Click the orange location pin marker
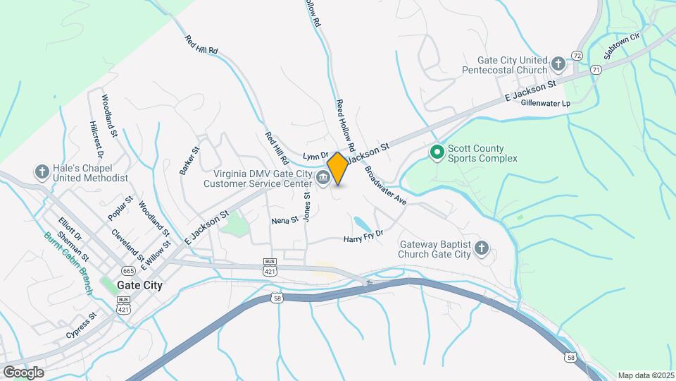(337, 168)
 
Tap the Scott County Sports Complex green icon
(437, 152)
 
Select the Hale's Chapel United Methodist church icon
(42, 172)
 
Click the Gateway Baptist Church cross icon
(482, 248)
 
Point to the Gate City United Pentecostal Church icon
(558, 64)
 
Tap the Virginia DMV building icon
(324, 178)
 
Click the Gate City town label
(139, 286)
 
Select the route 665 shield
(128, 270)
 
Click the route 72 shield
(577, 55)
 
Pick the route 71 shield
(596, 69)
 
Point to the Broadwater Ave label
(386, 186)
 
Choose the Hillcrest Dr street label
(96, 139)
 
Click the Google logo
(23, 372)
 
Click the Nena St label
(285, 221)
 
